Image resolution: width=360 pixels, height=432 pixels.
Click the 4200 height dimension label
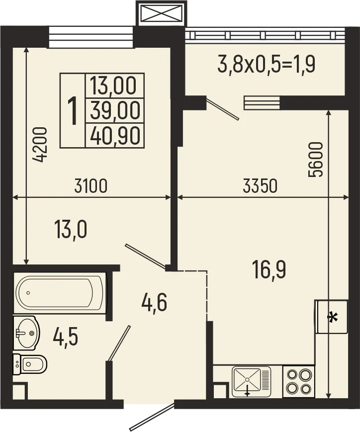coord(41,145)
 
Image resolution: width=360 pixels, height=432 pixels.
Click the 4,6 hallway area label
coord(154,301)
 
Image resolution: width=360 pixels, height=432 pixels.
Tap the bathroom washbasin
coord(26,333)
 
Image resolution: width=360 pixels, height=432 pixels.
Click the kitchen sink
coord(252,381)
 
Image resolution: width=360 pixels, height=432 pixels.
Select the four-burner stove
coord(299,381)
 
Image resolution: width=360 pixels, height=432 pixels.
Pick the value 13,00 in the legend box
coord(113,86)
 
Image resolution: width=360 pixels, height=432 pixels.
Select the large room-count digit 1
coord(73,110)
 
